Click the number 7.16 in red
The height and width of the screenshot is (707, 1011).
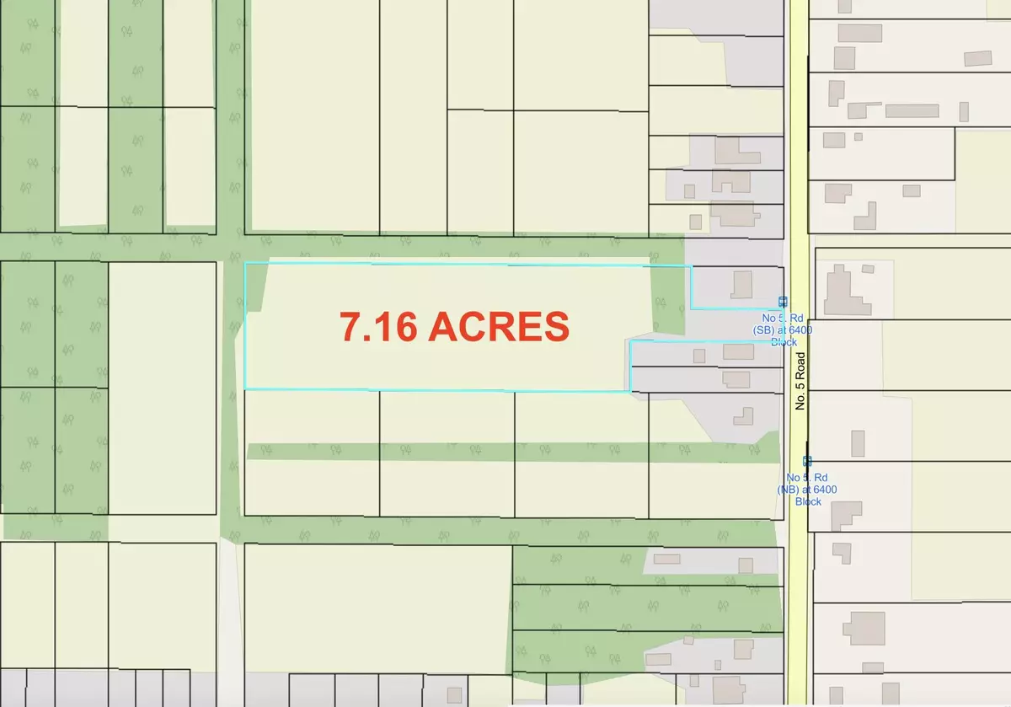point(379,326)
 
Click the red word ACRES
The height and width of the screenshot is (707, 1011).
point(499,326)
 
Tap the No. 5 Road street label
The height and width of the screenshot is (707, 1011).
point(801,381)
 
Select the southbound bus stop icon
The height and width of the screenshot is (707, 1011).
point(783,302)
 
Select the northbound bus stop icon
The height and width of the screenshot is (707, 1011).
point(807,461)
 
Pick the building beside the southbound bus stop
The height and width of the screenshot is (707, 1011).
point(742,284)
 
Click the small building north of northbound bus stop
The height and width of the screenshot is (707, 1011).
point(857,442)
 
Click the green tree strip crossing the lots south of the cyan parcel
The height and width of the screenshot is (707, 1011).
point(505,452)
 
